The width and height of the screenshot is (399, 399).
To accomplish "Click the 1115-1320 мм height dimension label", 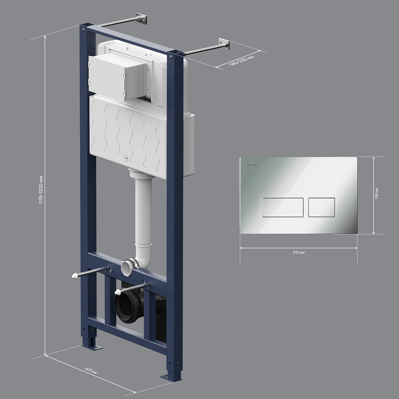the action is click(x=41, y=190).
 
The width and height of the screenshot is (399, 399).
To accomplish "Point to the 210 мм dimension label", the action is click(x=298, y=253).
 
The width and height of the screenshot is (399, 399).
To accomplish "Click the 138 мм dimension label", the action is click(x=377, y=194).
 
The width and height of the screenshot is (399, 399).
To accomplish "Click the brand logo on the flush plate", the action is click(x=252, y=166).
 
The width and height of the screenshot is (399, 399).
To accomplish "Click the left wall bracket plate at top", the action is click(x=142, y=19).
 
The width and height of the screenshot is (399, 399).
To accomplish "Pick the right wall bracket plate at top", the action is click(x=224, y=44).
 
